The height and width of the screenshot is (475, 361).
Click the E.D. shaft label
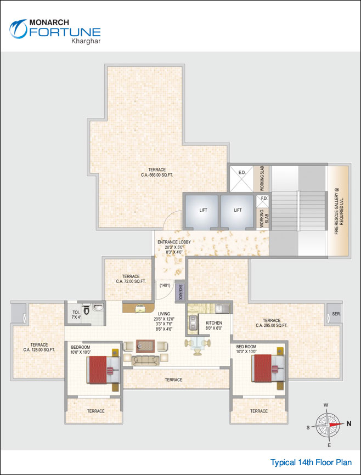(241, 173)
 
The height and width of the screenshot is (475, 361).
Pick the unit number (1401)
(165, 285)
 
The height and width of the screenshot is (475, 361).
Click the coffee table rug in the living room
(145, 346)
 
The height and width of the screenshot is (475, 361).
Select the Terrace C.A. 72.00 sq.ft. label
(131, 279)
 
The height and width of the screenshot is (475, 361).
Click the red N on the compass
(349, 423)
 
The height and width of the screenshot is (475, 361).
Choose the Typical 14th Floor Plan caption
(314, 462)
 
